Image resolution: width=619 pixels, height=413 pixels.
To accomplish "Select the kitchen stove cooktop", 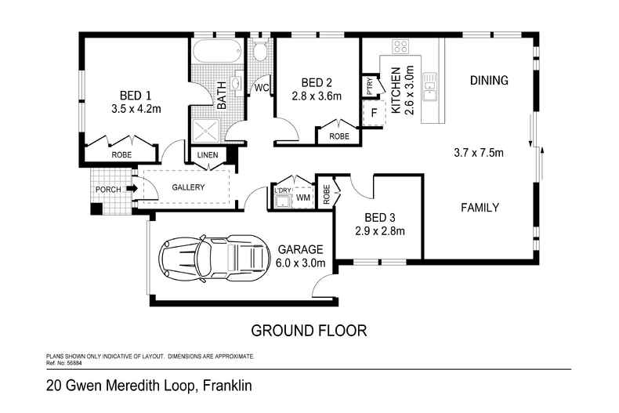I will coord(401,45).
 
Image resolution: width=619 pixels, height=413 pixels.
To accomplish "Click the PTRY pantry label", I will coord(369,85).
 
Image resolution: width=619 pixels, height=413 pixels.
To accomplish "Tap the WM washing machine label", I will coord(302,198).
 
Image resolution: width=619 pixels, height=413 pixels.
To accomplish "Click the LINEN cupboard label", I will coord(208,155).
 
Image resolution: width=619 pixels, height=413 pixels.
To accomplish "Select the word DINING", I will coord(489,80).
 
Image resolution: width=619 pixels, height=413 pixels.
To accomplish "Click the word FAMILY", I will coord(480,208).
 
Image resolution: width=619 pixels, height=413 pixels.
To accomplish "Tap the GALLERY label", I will coord(188,187).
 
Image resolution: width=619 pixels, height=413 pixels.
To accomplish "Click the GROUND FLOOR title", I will coord(308,330).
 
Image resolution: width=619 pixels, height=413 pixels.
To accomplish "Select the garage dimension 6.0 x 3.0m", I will coord(301,263).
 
